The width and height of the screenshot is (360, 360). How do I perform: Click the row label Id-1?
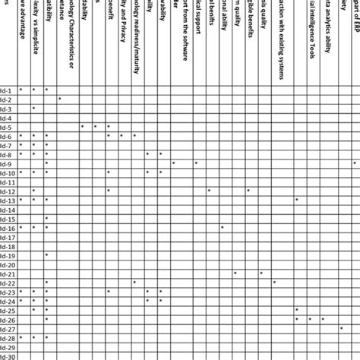(x=7, y=90)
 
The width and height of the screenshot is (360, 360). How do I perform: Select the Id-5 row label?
(x=7, y=127)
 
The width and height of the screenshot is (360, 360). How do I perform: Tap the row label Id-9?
(x=7, y=163)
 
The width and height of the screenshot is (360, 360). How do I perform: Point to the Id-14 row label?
(x=7, y=209)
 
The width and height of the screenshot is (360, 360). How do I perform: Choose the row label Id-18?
(x=7, y=245)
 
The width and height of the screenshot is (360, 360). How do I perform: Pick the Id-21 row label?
(x=7, y=273)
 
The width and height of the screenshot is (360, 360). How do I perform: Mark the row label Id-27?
(x=7, y=328)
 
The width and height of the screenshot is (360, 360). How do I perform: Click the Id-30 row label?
(x=7, y=355)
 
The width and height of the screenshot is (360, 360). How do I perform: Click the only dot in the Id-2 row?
(x=59, y=99)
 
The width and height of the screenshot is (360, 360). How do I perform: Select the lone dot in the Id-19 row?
(x=46, y=254)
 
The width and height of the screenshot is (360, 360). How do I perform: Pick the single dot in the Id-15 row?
(x=46, y=218)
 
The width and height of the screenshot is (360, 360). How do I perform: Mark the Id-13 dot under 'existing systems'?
(x=297, y=200)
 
